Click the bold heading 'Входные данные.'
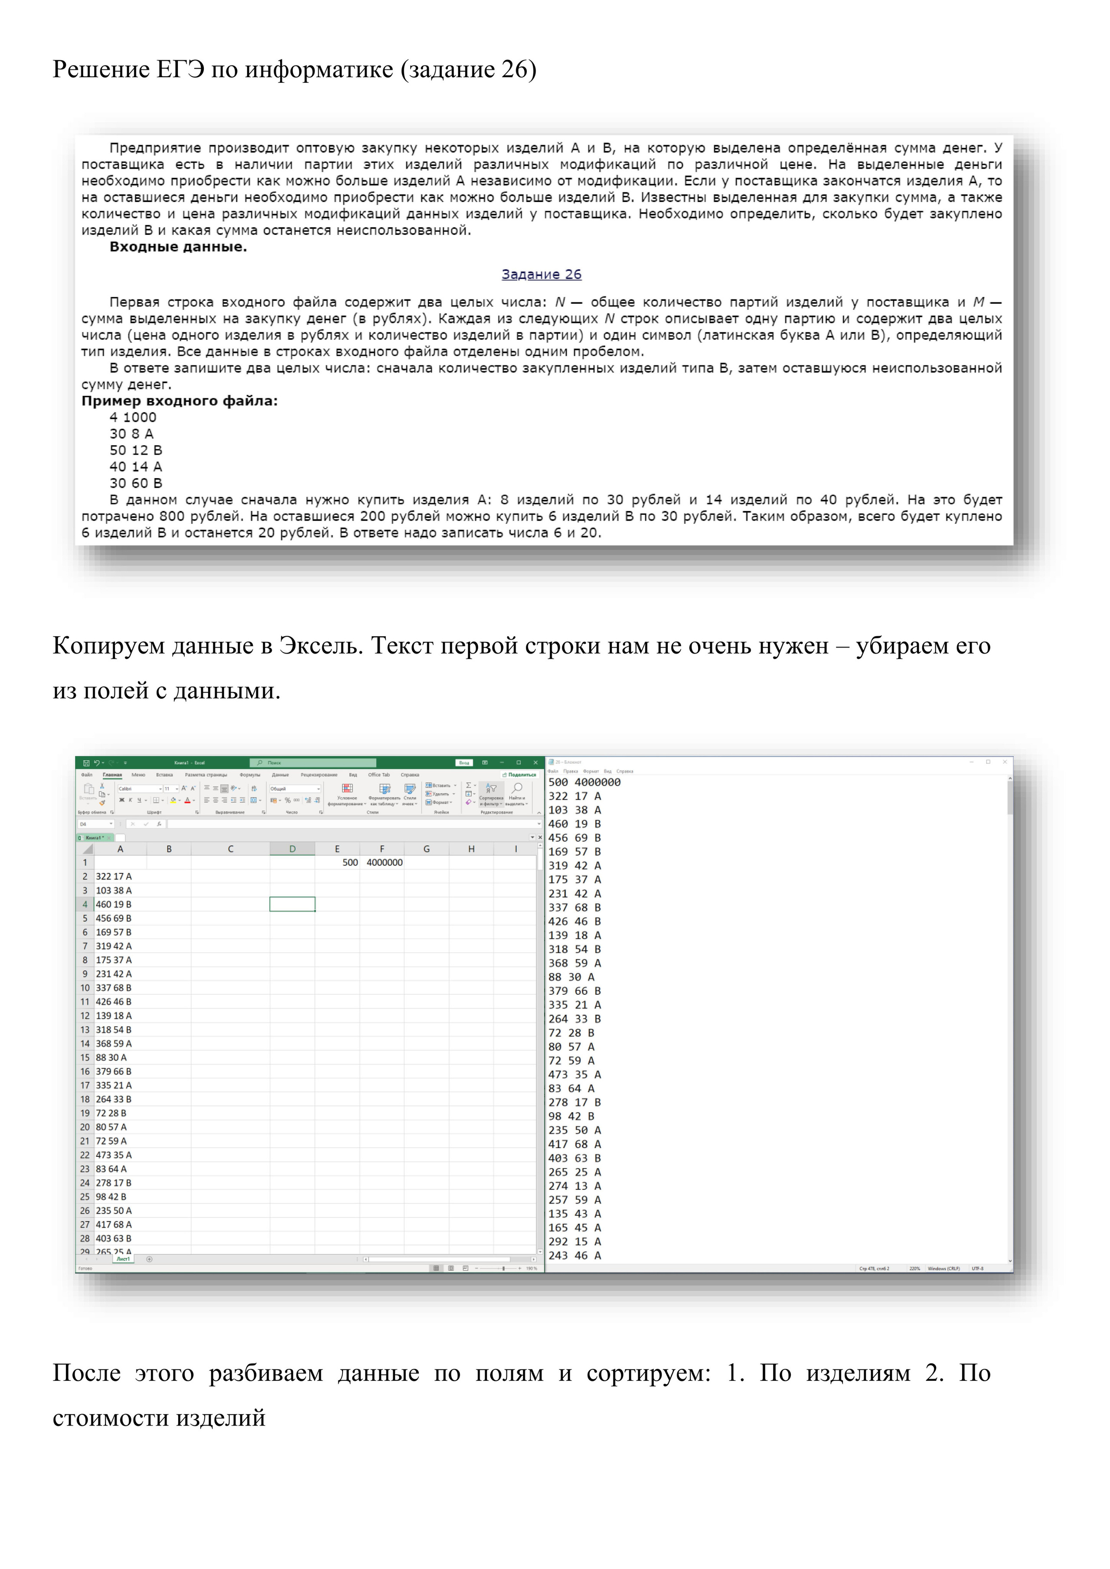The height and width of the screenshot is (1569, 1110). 178,247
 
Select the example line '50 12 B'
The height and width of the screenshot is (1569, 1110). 135,450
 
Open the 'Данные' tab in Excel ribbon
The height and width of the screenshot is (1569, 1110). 280,775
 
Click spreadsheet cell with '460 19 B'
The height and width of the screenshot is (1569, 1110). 114,904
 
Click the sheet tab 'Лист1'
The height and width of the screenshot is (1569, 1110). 123,1259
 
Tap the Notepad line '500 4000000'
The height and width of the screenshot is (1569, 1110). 584,782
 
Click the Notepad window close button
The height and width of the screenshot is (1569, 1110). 1005,762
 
